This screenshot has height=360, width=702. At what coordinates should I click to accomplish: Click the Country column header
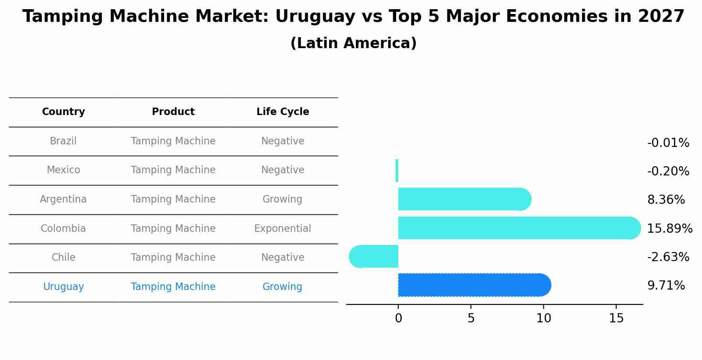pos(63,112)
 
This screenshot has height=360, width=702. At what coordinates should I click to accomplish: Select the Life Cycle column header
pos(283,112)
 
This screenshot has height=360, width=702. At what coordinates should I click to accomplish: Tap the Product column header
pos(173,112)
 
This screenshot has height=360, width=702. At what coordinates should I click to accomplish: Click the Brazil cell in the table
pos(63,141)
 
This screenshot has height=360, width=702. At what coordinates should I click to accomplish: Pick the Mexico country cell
pos(63,170)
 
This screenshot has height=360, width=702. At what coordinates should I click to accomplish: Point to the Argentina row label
pos(63,199)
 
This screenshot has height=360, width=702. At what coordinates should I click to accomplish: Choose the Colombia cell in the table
pos(63,229)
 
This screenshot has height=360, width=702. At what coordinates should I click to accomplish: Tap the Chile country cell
pos(63,258)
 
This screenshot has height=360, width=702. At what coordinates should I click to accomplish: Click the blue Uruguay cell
pos(63,287)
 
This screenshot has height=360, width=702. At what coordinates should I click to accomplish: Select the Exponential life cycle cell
pos(283,229)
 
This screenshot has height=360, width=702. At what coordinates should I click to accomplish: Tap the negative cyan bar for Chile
pos(374,257)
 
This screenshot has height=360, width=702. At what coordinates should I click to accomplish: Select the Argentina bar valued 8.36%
pos(464,199)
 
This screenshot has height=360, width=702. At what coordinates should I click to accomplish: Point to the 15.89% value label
pos(670,229)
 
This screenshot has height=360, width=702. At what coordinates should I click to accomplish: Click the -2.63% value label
pos(668,257)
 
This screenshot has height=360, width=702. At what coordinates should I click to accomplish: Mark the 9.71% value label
pos(666,286)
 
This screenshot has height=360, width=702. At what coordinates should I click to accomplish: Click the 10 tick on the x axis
pos(544,318)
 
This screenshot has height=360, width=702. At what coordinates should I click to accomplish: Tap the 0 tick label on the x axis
pos(398,318)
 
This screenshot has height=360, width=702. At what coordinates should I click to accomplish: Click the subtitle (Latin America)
pos(353,43)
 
